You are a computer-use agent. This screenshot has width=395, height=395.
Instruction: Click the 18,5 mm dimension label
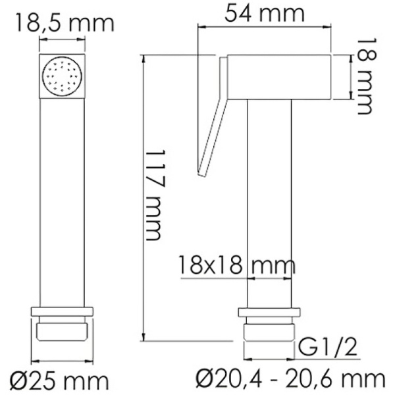point(64,22)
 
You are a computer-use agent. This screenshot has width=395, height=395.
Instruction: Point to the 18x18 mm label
point(236,266)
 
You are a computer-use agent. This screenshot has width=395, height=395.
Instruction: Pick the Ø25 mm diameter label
point(61,380)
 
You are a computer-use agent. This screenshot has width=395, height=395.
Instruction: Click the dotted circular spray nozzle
point(63,78)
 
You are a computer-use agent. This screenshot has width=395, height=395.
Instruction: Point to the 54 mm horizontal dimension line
point(263,28)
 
